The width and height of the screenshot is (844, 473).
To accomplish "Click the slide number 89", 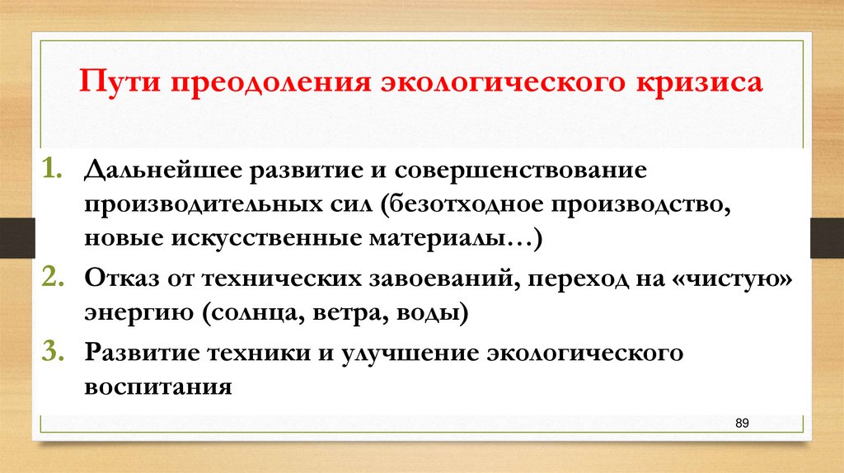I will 741,423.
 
